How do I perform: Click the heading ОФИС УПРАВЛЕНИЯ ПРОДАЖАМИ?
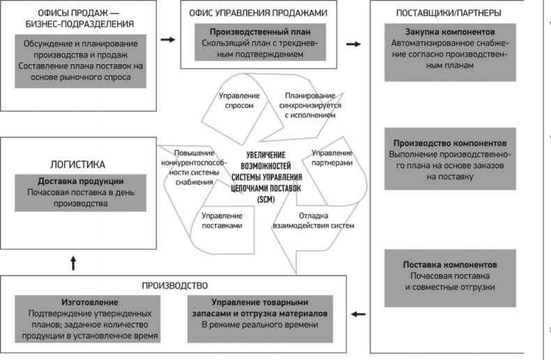[x=259, y=13]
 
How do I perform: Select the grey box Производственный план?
[x=259, y=43]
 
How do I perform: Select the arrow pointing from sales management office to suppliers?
[x=354, y=44]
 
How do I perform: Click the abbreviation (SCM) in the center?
[x=266, y=200]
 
